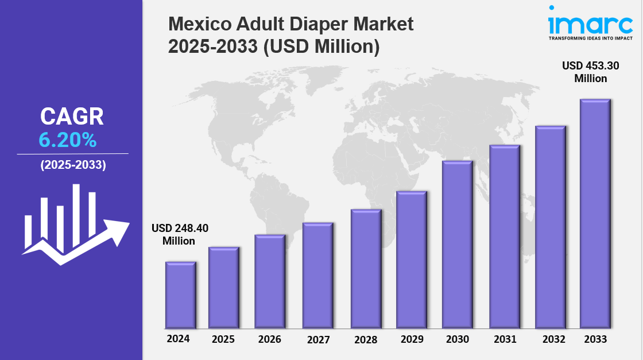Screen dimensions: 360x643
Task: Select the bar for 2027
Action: click(x=318, y=275)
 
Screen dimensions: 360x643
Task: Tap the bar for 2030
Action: click(x=457, y=244)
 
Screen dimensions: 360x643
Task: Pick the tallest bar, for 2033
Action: click(x=595, y=213)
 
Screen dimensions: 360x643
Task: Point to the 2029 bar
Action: click(x=411, y=259)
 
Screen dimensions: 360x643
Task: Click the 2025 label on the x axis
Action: click(x=223, y=339)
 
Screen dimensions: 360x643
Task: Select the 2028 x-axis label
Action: click(x=366, y=340)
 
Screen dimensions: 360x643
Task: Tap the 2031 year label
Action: click(x=505, y=339)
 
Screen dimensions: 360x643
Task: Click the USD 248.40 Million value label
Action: click(x=179, y=234)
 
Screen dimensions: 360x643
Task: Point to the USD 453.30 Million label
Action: click(x=591, y=72)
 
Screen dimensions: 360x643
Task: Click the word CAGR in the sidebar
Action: click(x=72, y=117)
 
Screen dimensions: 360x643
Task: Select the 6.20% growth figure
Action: click(x=68, y=140)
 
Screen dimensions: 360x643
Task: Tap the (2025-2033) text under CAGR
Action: click(x=73, y=165)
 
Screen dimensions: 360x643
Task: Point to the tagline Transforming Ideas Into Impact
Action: click(x=591, y=38)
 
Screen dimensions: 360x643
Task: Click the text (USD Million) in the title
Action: click(x=321, y=46)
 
